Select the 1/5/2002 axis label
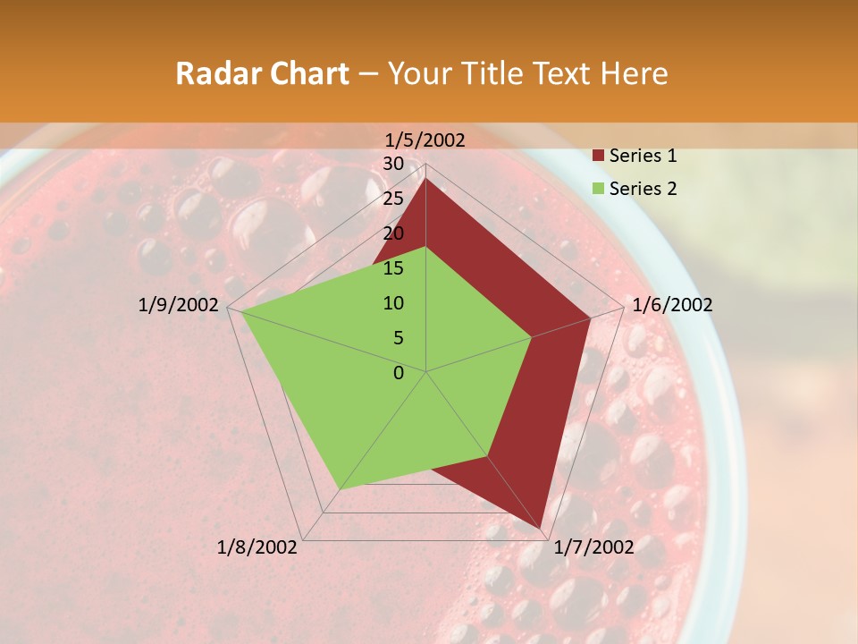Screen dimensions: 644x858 (x=425, y=140)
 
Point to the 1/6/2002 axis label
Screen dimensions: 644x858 (x=672, y=305)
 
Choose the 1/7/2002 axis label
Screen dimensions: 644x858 (x=594, y=547)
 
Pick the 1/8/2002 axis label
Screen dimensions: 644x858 (x=257, y=547)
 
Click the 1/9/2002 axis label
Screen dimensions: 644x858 (x=179, y=305)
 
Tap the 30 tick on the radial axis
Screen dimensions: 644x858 (x=393, y=164)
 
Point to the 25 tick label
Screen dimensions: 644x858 (x=393, y=199)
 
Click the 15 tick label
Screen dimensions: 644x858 (x=393, y=268)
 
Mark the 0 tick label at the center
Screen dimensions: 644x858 (x=399, y=373)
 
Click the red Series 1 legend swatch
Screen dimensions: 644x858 (x=599, y=156)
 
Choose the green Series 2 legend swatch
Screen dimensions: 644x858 (x=599, y=189)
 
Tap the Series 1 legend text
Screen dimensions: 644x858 (x=643, y=156)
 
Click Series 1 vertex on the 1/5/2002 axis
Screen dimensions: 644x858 (x=426, y=179)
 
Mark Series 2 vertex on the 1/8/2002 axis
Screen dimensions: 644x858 (x=340, y=489)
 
